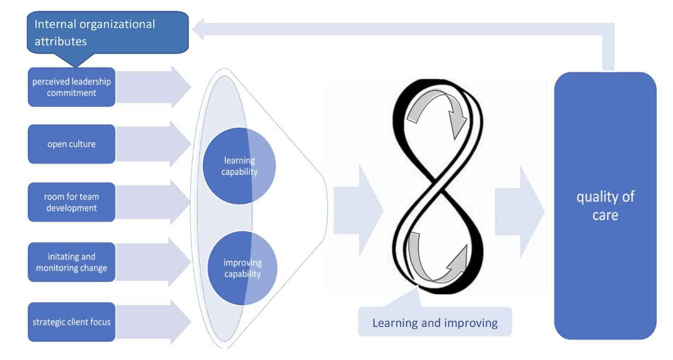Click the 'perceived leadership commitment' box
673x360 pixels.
pos(71,87)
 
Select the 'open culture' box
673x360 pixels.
pos(71,144)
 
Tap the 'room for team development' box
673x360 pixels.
pos(71,202)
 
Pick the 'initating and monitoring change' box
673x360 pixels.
pos(71,262)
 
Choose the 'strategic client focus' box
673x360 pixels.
pos(71,322)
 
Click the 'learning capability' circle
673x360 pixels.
pos(239,166)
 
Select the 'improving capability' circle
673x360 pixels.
pos(242,268)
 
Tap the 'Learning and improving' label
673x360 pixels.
pos(435,322)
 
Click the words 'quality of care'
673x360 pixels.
pos(605,206)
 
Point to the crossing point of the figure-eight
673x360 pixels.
pos(436,180)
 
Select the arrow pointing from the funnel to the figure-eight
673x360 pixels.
pos(357,210)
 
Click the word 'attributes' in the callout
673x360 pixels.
pos(60,41)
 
